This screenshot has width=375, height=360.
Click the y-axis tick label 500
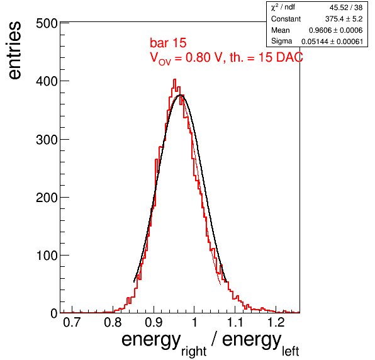(x=47, y=24)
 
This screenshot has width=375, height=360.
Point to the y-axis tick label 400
(x=47, y=81)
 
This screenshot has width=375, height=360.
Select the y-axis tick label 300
(x=47, y=140)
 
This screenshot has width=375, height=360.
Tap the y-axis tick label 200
(x=47, y=198)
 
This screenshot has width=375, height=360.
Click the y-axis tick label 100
(x=47, y=256)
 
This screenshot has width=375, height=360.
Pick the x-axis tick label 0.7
(x=72, y=322)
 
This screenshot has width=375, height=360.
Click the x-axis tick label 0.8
(x=113, y=322)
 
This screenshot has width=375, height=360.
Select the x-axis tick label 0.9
(x=154, y=322)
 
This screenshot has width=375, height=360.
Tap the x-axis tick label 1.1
(x=235, y=322)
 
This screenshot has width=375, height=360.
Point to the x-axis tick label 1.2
(x=276, y=322)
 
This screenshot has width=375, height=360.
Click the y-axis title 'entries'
(x=15, y=50)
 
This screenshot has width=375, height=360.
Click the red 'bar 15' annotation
(x=168, y=43)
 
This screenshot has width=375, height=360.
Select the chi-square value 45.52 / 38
(x=346, y=8)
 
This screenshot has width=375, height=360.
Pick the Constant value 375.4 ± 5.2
(x=344, y=19)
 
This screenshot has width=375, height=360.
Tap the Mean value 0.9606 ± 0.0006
(x=336, y=30)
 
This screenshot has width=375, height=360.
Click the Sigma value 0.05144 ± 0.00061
(x=332, y=42)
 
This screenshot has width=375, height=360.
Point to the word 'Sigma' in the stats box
(x=281, y=41)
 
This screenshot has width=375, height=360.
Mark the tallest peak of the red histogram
(x=174, y=79)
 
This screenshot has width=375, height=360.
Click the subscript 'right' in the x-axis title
(x=194, y=351)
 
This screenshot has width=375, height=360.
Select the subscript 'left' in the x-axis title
(x=291, y=351)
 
